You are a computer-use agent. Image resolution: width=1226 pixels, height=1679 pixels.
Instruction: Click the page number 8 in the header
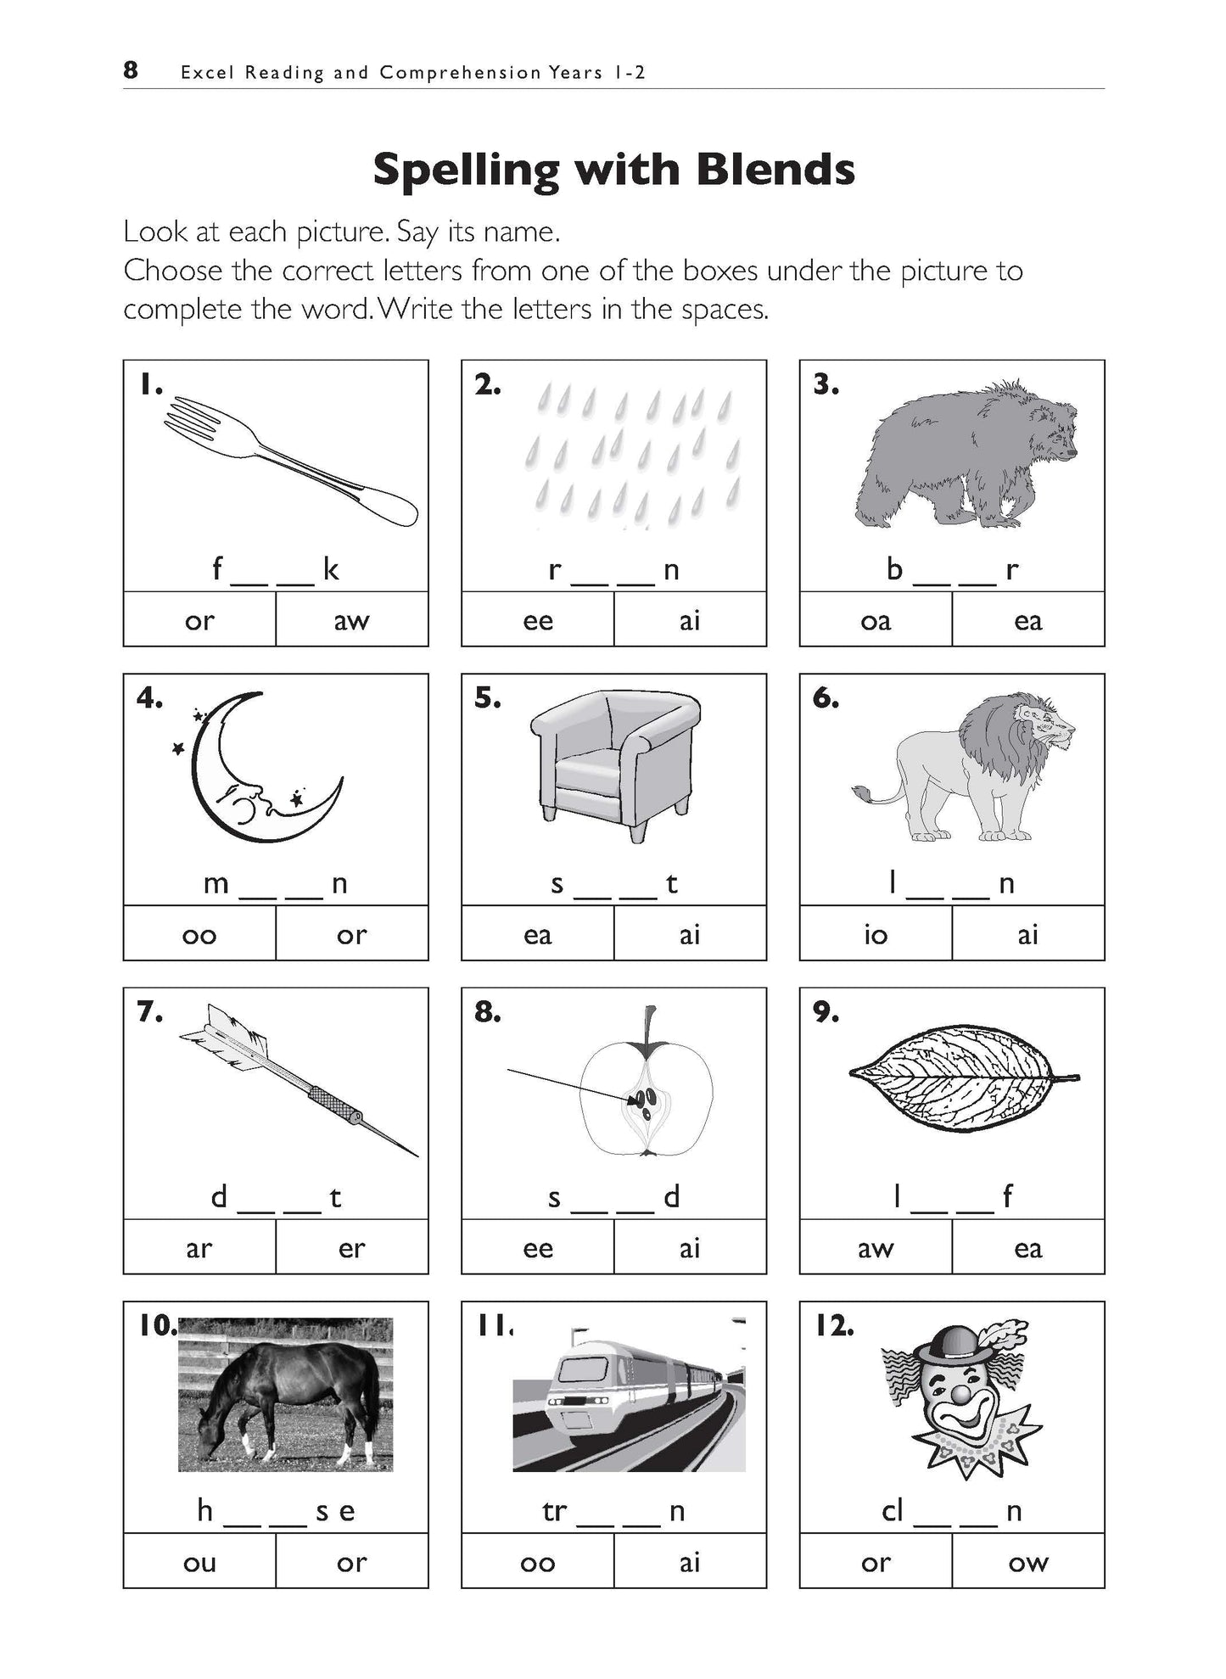click(x=130, y=70)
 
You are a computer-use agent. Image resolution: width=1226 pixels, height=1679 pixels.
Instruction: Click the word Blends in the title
click(x=775, y=170)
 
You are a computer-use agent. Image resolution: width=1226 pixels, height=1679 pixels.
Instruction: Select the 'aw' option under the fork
click(x=351, y=621)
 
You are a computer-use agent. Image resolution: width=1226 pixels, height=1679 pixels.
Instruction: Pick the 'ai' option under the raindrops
click(x=689, y=621)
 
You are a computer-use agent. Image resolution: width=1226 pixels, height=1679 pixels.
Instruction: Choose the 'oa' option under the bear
click(x=875, y=621)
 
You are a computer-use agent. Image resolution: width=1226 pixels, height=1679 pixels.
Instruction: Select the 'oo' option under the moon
click(x=199, y=935)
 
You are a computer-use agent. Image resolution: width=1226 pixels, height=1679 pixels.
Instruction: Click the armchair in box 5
click(x=613, y=759)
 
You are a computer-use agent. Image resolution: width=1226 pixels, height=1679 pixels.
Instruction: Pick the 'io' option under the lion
click(x=875, y=935)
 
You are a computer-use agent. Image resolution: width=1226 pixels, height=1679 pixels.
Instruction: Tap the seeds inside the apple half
click(x=644, y=1102)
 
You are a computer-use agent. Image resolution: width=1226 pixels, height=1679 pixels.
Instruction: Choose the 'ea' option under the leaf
click(x=1027, y=1249)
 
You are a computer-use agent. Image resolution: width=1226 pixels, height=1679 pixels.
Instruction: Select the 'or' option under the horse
click(x=351, y=1563)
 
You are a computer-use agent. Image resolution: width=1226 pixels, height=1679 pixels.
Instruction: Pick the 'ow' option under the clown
click(x=1027, y=1563)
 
